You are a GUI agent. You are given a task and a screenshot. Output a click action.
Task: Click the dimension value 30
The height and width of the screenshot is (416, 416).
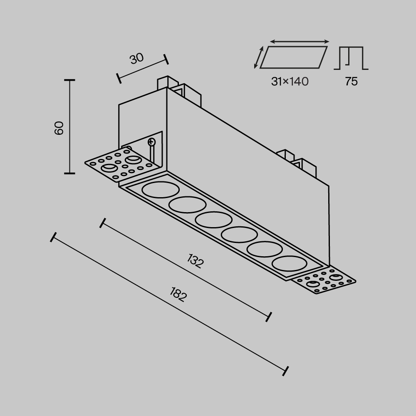point(136,59)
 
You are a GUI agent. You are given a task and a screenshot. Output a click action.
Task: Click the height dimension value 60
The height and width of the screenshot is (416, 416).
point(59,128)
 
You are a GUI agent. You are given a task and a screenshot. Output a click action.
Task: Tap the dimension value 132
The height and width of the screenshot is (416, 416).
point(195,261)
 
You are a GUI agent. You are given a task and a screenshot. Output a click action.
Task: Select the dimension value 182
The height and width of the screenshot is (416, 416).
point(178,295)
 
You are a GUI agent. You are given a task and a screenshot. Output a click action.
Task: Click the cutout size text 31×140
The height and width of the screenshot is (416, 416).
point(290,82)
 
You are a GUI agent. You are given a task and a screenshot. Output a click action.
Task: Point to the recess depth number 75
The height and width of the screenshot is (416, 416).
point(351,82)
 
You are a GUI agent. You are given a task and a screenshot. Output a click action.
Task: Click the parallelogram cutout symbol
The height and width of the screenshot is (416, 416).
point(294,57)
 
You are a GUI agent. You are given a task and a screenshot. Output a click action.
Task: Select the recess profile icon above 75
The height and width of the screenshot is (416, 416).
point(351,58)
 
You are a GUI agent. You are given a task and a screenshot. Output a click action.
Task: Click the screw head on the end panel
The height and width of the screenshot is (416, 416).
point(151,142)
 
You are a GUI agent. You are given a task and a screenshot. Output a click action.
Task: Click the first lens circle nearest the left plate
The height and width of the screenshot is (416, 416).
point(160,189)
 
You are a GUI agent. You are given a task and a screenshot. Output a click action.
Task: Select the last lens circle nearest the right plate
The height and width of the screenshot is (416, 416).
point(290,263)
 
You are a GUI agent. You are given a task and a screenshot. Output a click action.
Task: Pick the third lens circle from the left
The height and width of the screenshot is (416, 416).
point(214,220)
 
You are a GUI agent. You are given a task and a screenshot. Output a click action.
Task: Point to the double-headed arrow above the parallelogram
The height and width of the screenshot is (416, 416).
point(300,42)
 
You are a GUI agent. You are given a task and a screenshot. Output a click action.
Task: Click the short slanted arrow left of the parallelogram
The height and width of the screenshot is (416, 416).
point(259,57)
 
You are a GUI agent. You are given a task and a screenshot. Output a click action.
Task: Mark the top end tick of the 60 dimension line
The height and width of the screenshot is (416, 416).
point(69,80)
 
